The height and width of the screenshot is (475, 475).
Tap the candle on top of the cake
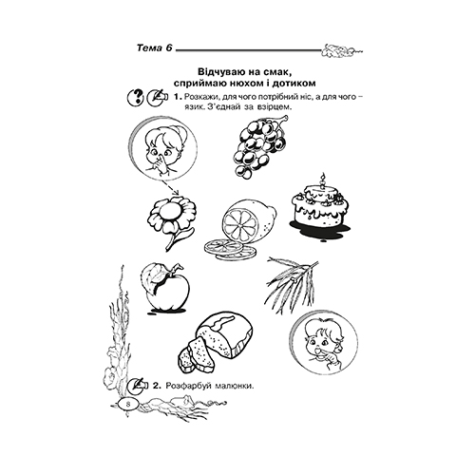323,181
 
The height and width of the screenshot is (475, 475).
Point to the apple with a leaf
165,287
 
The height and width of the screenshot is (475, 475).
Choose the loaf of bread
216,342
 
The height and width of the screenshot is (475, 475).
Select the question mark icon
136,97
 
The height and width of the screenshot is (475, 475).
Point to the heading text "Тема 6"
155,48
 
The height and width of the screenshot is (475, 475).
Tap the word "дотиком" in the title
296,83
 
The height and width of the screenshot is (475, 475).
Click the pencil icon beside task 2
138,386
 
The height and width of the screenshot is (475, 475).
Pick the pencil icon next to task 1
157,97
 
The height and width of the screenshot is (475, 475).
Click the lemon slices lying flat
230,250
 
